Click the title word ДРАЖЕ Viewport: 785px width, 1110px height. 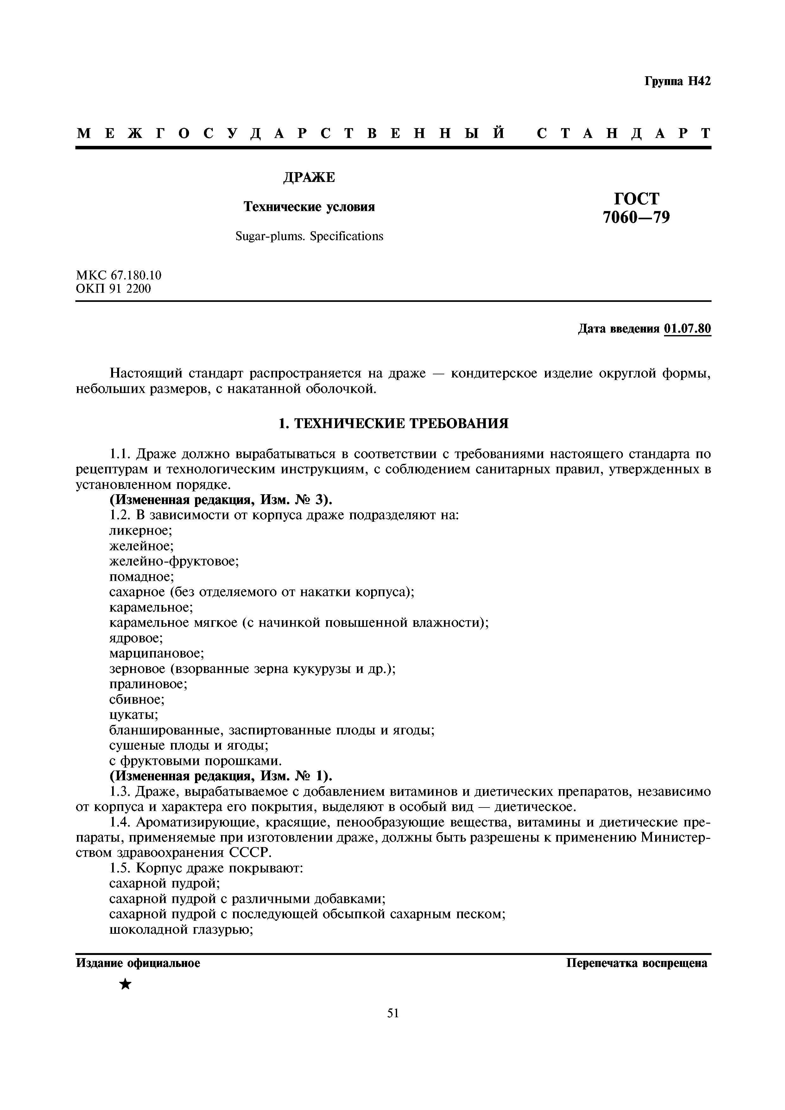(308, 178)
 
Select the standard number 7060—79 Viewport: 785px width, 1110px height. (636, 218)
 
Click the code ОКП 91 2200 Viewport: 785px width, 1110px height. (114, 289)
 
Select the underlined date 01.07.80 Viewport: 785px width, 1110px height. (687, 329)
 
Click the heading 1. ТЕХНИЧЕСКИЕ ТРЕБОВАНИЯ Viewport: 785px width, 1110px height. (394, 423)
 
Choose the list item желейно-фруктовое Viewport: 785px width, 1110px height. (174, 561)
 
